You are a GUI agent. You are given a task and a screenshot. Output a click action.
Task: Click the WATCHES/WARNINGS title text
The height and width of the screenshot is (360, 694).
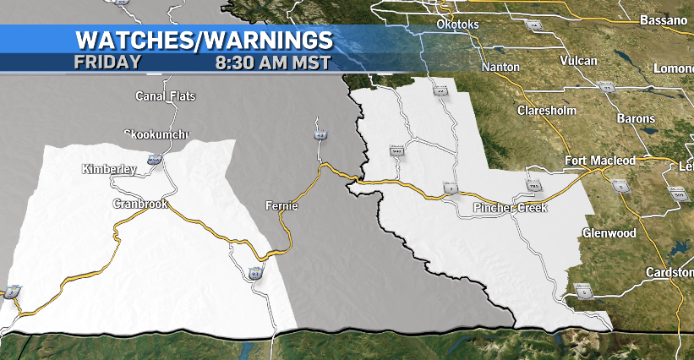(x=204, y=39)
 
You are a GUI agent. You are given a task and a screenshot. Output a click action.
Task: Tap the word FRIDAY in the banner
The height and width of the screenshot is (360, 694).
(x=107, y=62)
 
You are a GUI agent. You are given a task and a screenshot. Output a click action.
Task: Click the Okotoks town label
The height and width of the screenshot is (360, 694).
(x=457, y=25)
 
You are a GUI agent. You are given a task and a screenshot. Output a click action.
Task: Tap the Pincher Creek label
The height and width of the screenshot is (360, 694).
(x=510, y=207)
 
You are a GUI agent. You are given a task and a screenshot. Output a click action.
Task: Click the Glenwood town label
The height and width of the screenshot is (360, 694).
(x=610, y=232)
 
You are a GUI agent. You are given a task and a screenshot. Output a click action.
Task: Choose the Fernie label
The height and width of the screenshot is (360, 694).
(x=281, y=205)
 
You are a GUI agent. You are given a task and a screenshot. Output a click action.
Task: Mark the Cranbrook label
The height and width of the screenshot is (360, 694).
(x=141, y=204)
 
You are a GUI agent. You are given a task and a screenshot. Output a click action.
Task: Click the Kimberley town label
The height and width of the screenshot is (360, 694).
(x=109, y=169)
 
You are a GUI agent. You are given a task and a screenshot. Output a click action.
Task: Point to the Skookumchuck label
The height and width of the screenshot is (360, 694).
(x=157, y=134)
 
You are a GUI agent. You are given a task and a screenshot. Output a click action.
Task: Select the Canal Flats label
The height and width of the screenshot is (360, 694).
(x=166, y=96)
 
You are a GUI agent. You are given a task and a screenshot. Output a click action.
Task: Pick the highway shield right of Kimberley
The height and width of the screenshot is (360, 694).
(x=154, y=157)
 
